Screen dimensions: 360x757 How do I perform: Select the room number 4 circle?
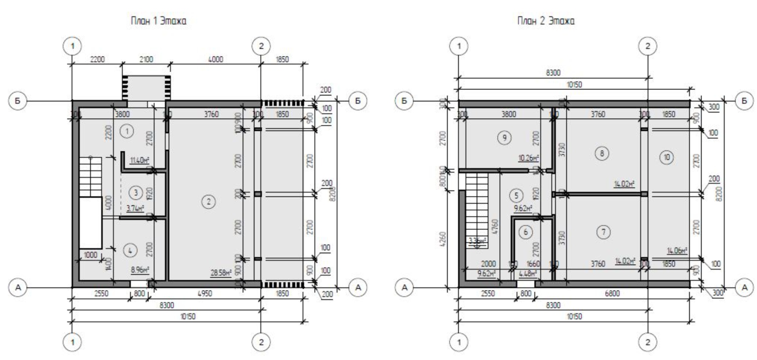[130, 251]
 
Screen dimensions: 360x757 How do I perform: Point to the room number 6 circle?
[526, 232]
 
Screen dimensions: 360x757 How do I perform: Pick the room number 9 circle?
[504, 139]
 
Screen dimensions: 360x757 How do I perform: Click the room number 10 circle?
[667, 157]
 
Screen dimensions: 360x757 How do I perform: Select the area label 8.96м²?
[140, 270]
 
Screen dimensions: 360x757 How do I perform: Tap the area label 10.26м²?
[528, 158]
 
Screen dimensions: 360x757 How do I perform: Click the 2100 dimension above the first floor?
[146, 60]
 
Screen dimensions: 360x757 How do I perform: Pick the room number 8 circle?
[602, 153]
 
